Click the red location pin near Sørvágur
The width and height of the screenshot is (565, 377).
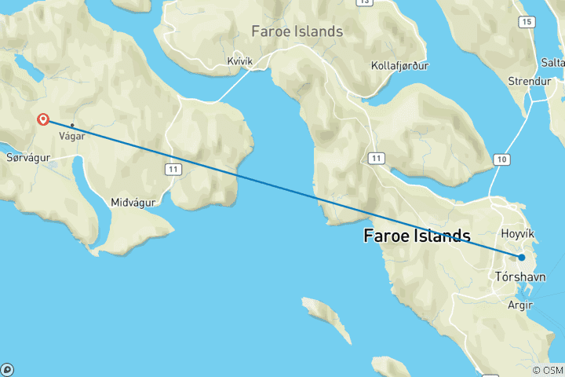[x=43, y=119]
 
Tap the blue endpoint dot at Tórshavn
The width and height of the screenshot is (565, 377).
[x=521, y=257]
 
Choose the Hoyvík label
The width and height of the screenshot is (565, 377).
[x=517, y=234]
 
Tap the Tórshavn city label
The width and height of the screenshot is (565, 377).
[x=520, y=276]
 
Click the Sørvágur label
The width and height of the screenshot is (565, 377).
[x=28, y=157]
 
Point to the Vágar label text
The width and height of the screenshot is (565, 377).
[x=72, y=135]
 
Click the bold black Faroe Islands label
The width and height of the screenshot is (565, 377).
[x=417, y=236]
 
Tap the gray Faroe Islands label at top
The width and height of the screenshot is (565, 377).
[x=297, y=31]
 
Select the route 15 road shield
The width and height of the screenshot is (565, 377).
[x=524, y=22]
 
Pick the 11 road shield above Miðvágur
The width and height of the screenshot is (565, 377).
[x=173, y=169]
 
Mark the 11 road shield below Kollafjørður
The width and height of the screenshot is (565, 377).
[x=377, y=159]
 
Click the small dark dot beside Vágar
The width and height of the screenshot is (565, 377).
[x=72, y=125]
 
